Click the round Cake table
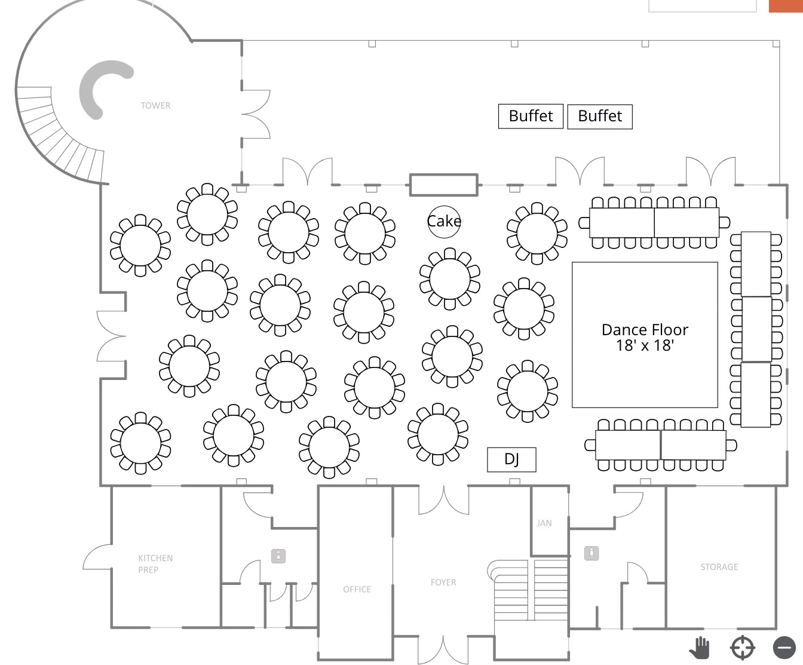click(x=444, y=221)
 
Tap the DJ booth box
click(x=511, y=459)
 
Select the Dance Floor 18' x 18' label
click(x=645, y=337)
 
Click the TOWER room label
click(x=155, y=106)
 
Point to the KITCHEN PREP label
click(x=155, y=563)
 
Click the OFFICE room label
click(x=357, y=589)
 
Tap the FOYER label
click(x=443, y=582)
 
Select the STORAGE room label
click(x=719, y=566)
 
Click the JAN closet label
click(x=544, y=523)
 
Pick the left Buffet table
click(x=531, y=116)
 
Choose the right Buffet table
click(x=600, y=116)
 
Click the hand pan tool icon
click(x=700, y=648)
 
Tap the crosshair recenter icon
click(x=743, y=648)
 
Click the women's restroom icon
click(x=278, y=556)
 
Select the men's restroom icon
click(x=591, y=553)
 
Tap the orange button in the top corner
click(x=786, y=5)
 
